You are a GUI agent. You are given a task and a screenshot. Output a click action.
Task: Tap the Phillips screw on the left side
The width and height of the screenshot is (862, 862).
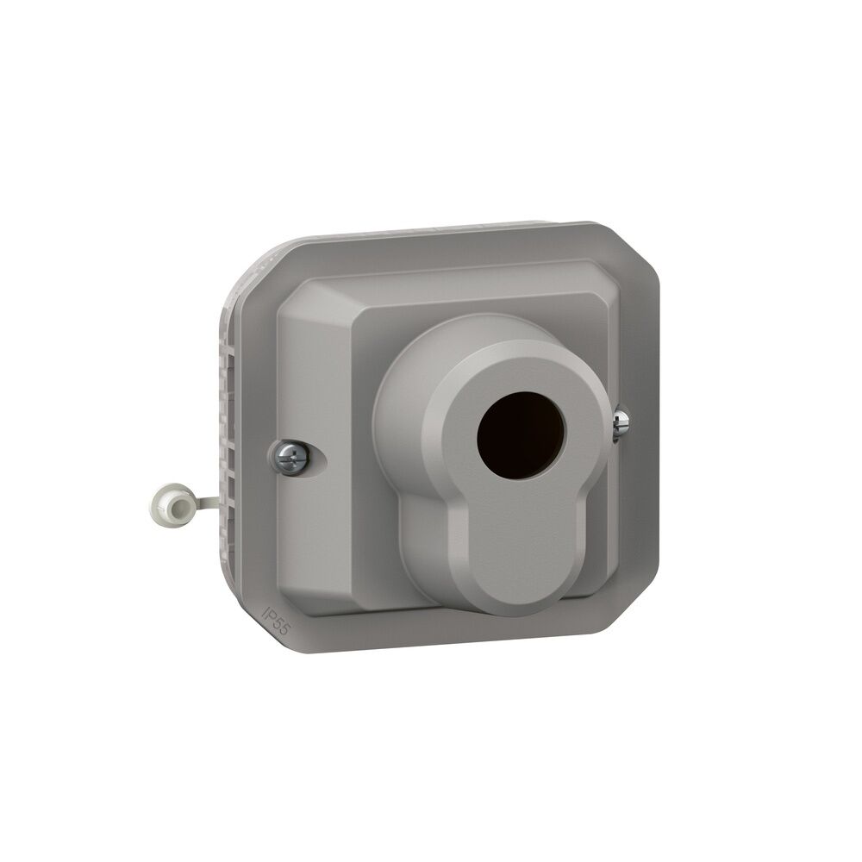click(x=289, y=456)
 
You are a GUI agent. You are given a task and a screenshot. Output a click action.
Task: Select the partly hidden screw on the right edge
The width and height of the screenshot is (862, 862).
click(x=622, y=421)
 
